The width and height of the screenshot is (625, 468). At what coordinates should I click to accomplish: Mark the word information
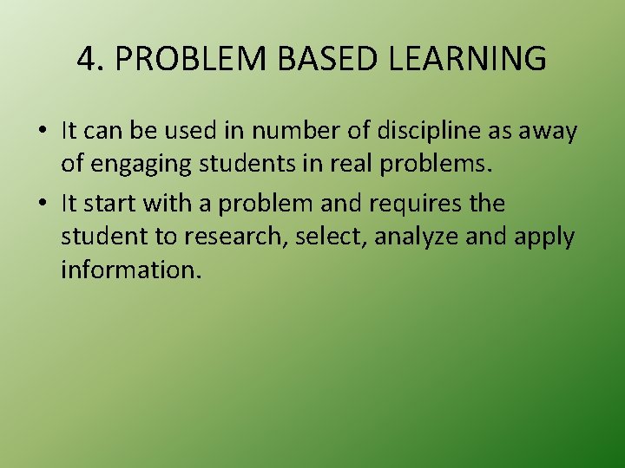point(131,270)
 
